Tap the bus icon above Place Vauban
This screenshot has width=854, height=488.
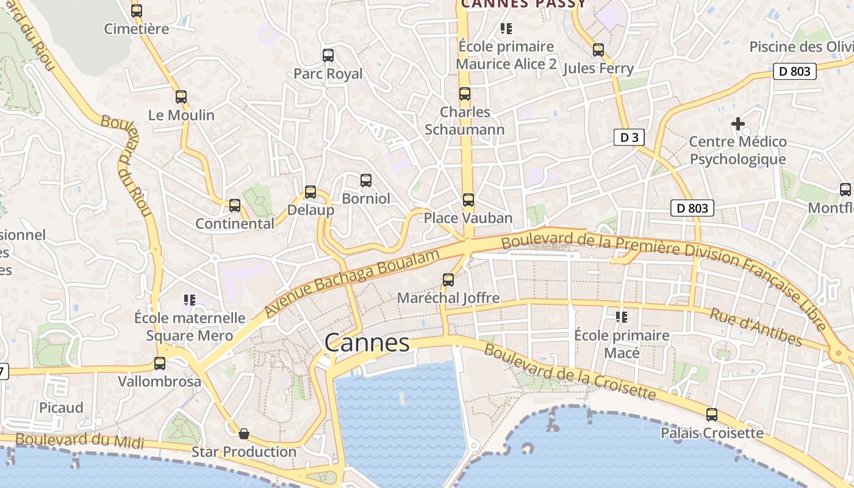(468, 200)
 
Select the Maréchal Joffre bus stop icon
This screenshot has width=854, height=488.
(448, 280)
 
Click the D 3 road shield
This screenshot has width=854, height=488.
(628, 137)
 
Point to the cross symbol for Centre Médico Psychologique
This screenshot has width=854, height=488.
(737, 124)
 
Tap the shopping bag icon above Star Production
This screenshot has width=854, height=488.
(244, 434)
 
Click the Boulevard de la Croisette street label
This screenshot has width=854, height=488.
(570, 372)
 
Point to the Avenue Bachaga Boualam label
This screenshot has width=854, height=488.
(352, 283)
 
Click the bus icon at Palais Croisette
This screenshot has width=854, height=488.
(712, 415)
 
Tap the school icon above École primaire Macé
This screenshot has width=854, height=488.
(622, 317)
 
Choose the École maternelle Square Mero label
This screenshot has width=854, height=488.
(190, 326)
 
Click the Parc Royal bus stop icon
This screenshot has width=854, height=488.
(328, 56)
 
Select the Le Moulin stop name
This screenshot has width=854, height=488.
(181, 115)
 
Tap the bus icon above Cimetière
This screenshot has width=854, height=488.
(137, 10)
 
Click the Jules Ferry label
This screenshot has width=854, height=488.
(598, 68)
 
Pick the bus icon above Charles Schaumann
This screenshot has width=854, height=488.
(465, 94)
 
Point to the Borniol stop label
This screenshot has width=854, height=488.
(365, 198)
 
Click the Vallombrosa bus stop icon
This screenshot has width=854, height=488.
(160, 364)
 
